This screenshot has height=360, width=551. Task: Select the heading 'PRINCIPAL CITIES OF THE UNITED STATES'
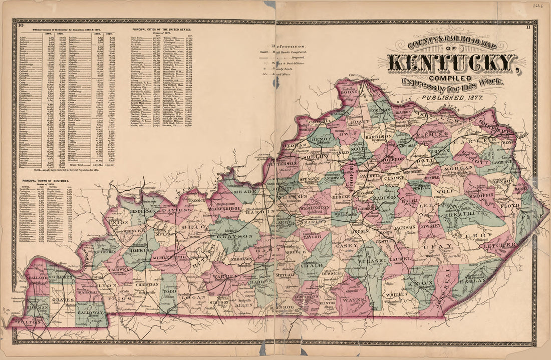click(162, 30)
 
